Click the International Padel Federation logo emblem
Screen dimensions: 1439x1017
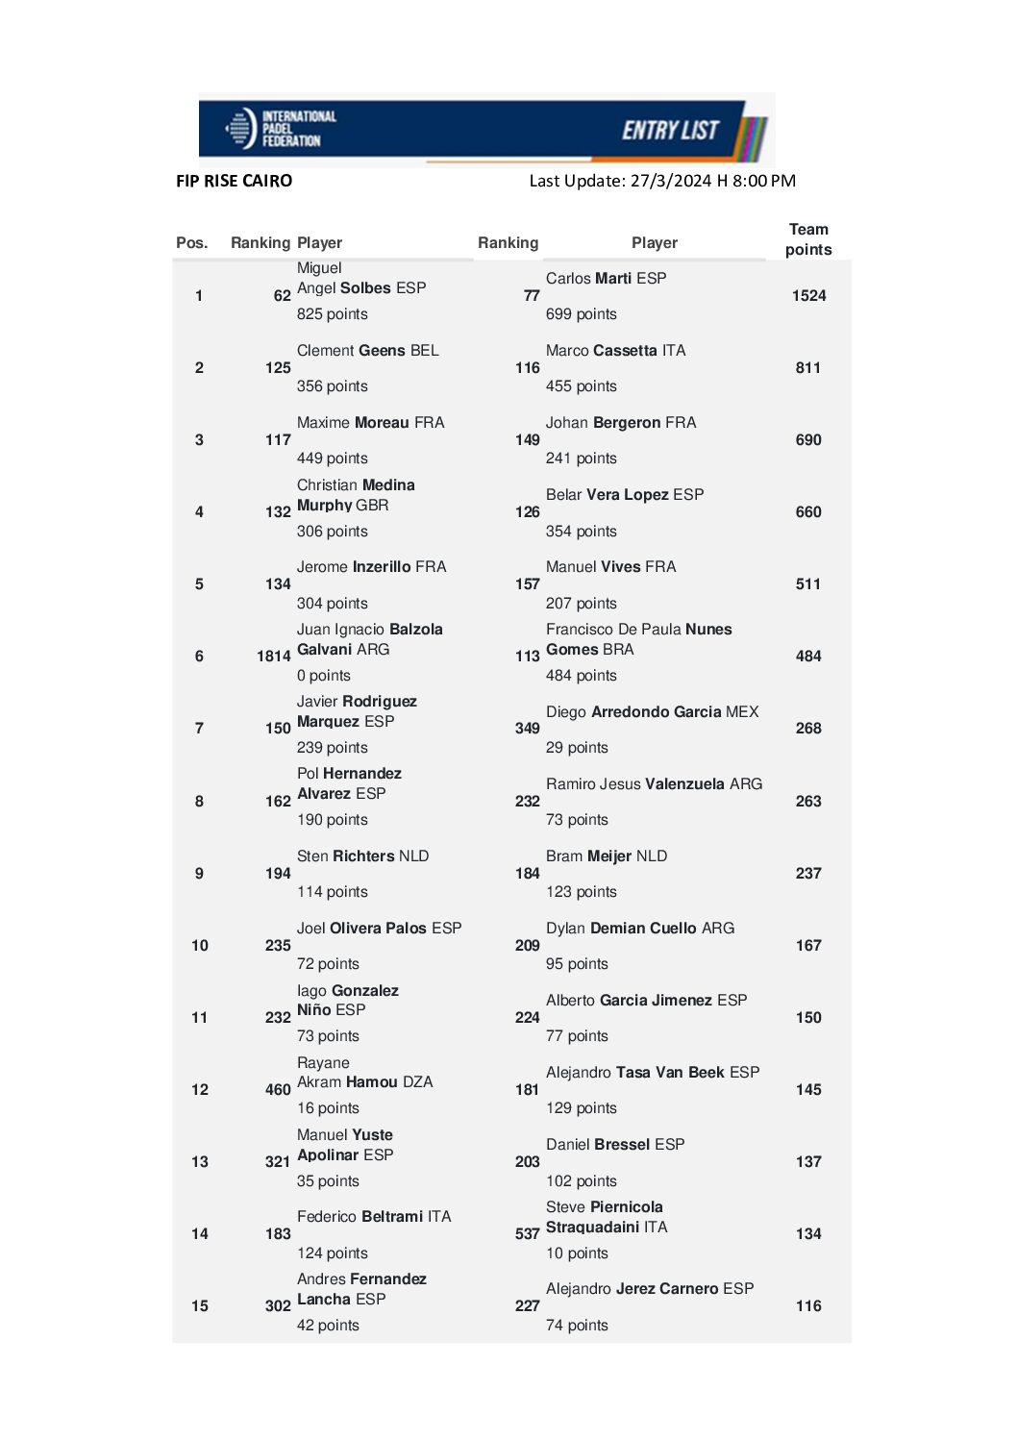pos(239,129)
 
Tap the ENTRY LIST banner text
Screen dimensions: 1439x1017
pos(670,131)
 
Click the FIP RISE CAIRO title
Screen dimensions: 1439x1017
pos(234,181)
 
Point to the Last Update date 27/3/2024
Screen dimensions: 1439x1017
pos(670,181)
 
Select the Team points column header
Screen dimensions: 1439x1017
pos(808,239)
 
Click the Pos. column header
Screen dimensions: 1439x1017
pos(192,243)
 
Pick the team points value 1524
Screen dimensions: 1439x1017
pos(808,296)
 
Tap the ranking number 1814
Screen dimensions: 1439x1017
pos(273,657)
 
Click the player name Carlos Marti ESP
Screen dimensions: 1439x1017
pos(606,279)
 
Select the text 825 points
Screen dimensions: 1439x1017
pos(332,314)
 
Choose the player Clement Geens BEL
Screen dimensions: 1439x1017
pos(367,351)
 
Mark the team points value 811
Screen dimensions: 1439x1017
pos(808,368)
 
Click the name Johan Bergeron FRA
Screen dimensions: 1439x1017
pos(621,423)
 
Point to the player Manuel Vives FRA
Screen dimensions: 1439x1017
pos(610,567)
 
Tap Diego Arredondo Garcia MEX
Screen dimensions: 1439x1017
pos(652,712)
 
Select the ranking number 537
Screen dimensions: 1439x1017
pos(527,1234)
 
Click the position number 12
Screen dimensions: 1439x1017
pos(200,1090)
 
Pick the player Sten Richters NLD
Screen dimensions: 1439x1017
pos(362,856)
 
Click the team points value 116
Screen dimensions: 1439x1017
pos(808,1306)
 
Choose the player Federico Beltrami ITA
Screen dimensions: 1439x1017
pos(373,1217)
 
